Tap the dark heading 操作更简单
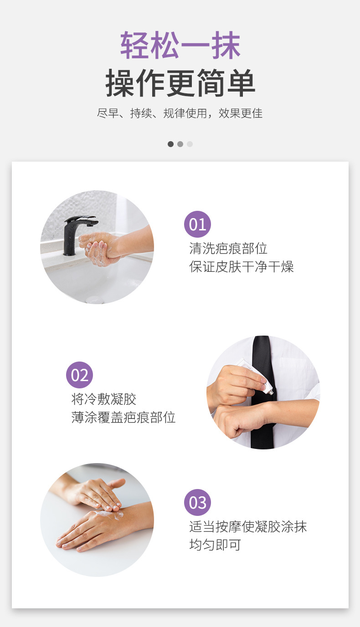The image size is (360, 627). coord(180,83)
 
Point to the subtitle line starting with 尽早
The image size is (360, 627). coord(180,113)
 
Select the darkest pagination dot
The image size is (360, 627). coord(170,144)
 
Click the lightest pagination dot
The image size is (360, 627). coord(190,144)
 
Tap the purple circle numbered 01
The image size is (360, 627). coord(197,224)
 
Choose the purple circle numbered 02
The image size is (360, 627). coord(80,375)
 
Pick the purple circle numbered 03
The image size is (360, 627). coord(197,502)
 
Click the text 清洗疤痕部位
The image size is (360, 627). coord(228,249)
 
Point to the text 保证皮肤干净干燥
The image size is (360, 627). coord(242,266)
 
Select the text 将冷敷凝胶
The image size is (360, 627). coord(103,399)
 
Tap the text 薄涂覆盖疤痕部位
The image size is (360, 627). coord(123,417)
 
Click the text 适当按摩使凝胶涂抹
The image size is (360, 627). coord(248,527)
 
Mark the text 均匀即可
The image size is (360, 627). coord(215,545)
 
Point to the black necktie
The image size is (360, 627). coord(262,392)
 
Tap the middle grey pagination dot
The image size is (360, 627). coord(180,144)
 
